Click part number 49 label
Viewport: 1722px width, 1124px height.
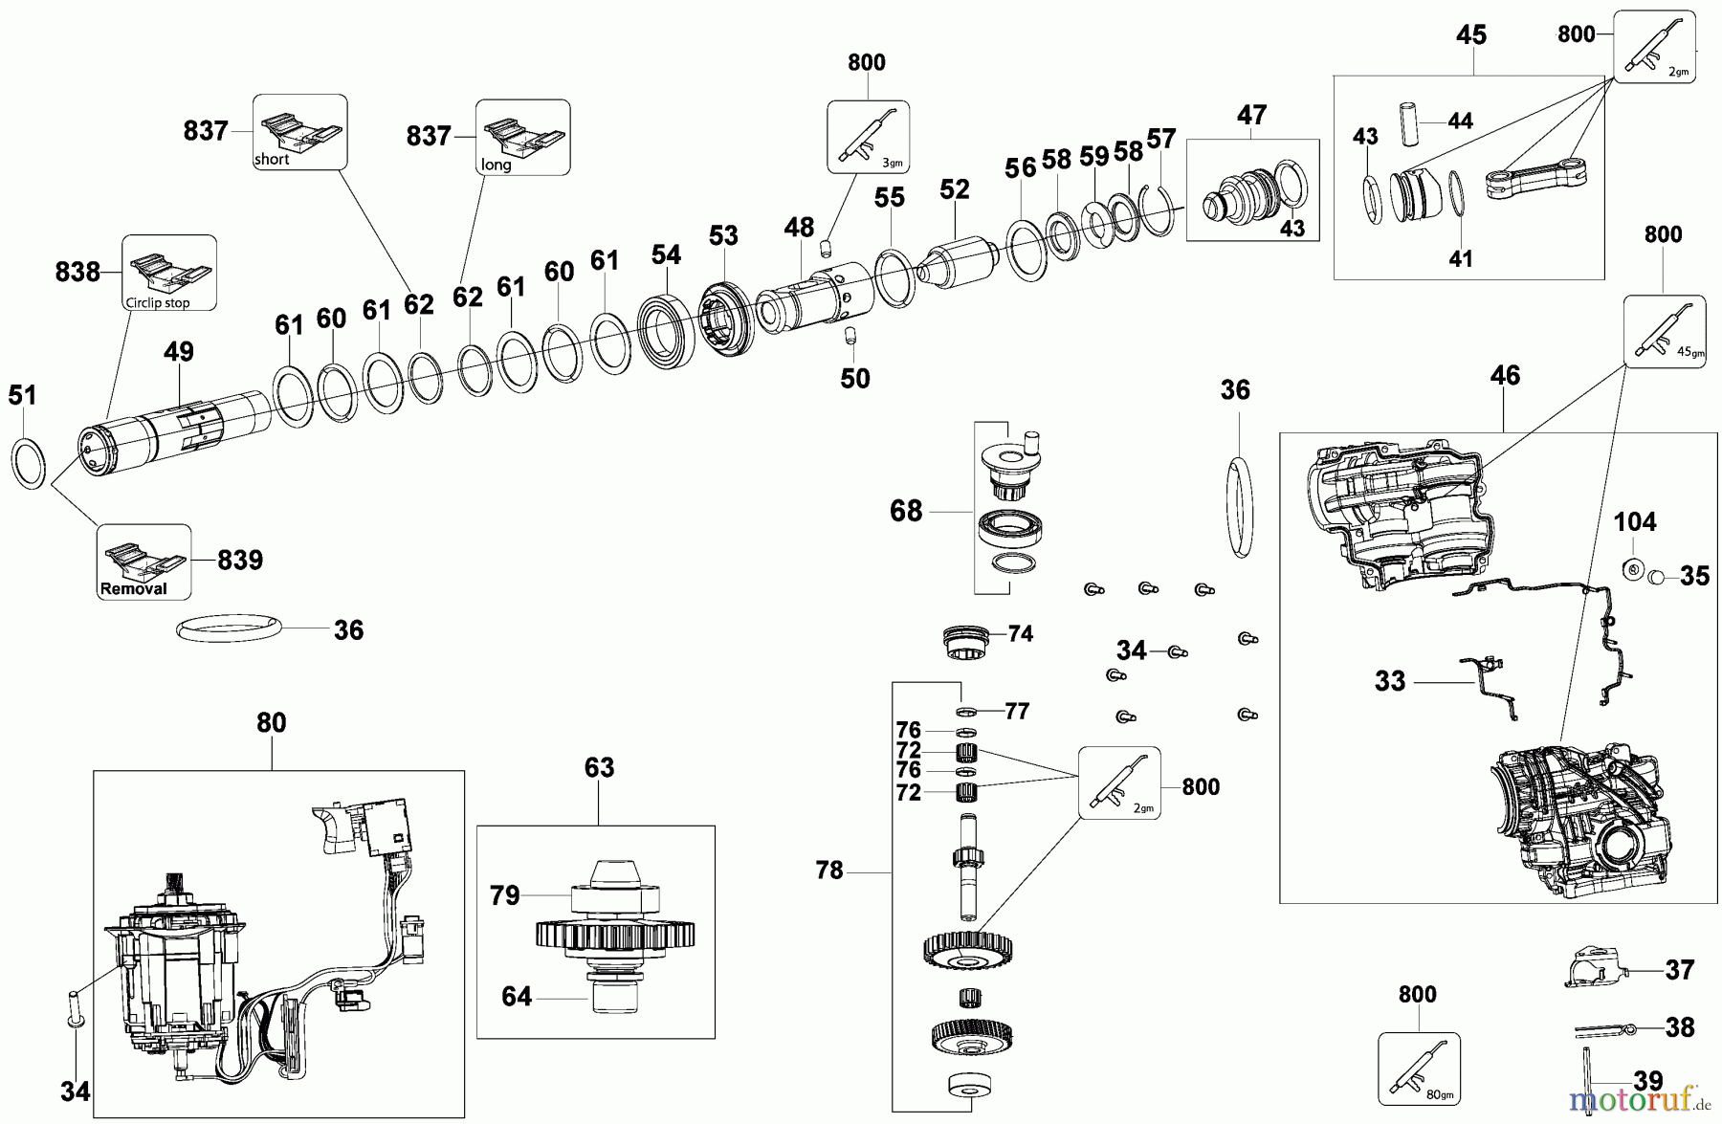coord(179,352)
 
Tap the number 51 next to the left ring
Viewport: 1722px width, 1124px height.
coord(22,394)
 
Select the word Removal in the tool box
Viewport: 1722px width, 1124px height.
coord(134,589)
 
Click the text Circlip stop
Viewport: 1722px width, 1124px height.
coord(158,302)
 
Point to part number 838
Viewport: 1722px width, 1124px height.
coord(77,272)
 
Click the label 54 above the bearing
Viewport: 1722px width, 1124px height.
coord(666,254)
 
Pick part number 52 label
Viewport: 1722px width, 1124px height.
coord(954,189)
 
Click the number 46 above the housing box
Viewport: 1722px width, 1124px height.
coord(1505,375)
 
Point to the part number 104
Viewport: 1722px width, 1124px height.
coord(1635,522)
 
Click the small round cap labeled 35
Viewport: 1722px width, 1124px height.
coord(1657,576)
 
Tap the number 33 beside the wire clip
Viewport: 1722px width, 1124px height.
coord(1390,681)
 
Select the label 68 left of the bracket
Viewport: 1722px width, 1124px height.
coord(906,511)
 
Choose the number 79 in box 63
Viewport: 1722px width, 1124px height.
coord(504,895)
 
